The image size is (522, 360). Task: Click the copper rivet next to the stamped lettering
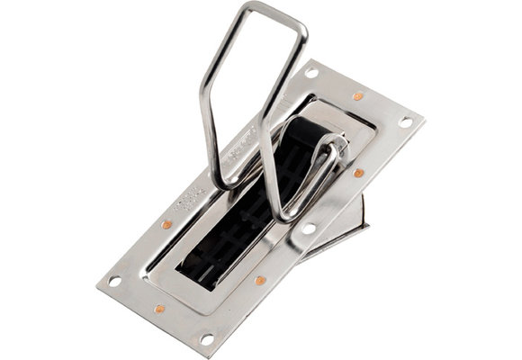[166, 223]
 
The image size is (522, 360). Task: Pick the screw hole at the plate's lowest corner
[206, 338]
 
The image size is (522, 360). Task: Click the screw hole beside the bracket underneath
[308, 229]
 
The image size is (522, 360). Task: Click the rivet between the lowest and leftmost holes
[159, 309]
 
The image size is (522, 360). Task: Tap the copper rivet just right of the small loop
[358, 172]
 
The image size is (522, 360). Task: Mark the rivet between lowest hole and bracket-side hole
[260, 281]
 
